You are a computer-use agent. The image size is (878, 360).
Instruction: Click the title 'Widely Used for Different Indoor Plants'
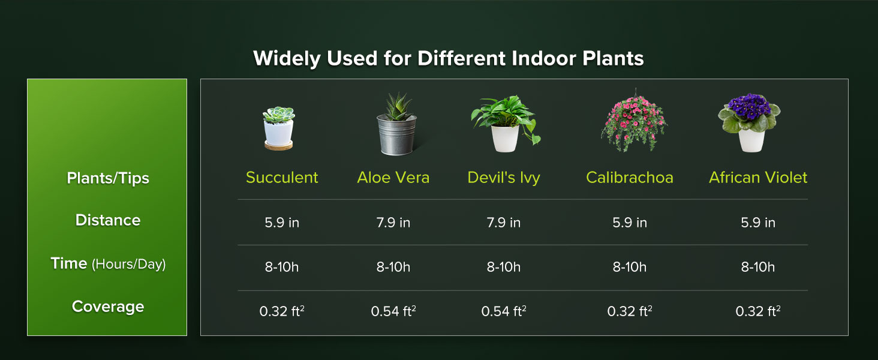point(448,59)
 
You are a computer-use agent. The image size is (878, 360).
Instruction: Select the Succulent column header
point(282,178)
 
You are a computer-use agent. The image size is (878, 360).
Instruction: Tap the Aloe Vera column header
point(393,178)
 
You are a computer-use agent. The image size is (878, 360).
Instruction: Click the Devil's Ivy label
point(504,178)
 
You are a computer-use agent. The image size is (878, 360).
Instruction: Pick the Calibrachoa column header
point(629,178)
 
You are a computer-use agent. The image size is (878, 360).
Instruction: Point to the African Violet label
point(758,178)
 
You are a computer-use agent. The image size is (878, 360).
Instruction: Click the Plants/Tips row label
point(108,178)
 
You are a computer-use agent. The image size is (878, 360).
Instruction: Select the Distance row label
point(108,220)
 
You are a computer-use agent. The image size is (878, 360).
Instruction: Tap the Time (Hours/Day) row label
point(108,263)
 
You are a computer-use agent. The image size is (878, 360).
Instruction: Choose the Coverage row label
point(108,307)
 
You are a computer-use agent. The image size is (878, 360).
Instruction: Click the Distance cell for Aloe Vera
point(393,223)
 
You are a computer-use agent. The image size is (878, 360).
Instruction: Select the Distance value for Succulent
point(282,223)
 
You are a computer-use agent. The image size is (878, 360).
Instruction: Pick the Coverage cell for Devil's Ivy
point(504,311)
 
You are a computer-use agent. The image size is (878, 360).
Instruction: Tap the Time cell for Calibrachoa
point(629,267)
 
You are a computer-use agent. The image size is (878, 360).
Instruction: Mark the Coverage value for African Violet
point(758,311)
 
